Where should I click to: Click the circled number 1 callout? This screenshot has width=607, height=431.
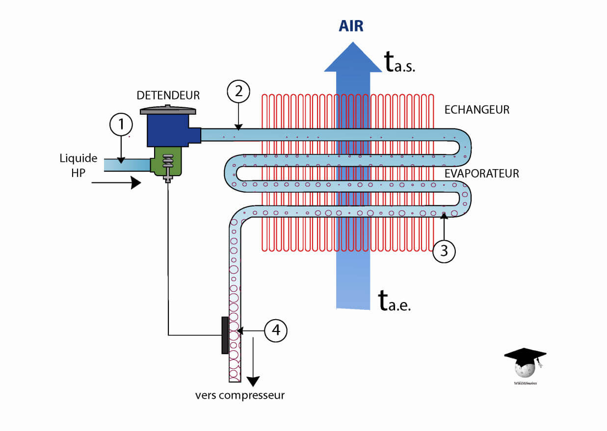pyautogui.click(x=121, y=125)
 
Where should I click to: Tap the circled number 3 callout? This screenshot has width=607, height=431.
pyautogui.click(x=444, y=251)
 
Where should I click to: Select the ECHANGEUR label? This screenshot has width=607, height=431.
pyautogui.click(x=476, y=110)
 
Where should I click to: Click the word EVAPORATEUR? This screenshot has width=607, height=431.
pyautogui.click(x=481, y=174)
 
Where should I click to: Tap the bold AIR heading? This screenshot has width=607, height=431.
pyautogui.click(x=351, y=26)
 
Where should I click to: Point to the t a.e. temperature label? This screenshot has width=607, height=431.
pyautogui.click(x=395, y=301)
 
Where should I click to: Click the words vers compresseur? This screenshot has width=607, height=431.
pyautogui.click(x=240, y=395)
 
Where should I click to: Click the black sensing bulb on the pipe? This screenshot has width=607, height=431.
pyautogui.click(x=225, y=335)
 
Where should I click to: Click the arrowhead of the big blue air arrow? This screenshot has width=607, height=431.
pyautogui.click(x=352, y=56)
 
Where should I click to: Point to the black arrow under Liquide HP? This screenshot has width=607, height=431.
pyautogui.click(x=116, y=183)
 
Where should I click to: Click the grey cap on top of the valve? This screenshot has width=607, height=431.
pyautogui.click(x=168, y=110)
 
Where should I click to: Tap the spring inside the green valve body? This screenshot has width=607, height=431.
pyautogui.click(x=168, y=161)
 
